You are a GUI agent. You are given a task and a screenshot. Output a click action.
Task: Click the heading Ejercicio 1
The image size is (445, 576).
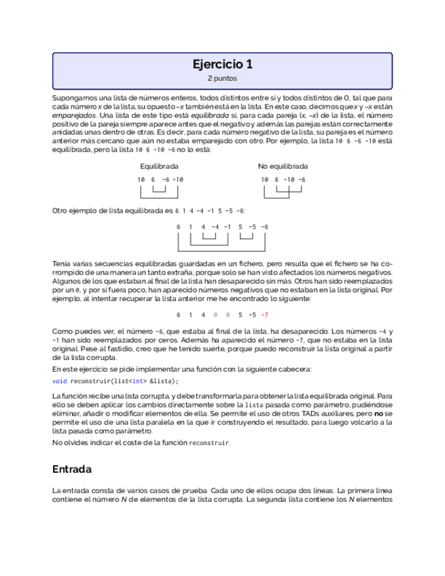pyautogui.click(x=222, y=65)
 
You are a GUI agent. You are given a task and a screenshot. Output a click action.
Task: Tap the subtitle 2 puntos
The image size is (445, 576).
pyautogui.click(x=222, y=79)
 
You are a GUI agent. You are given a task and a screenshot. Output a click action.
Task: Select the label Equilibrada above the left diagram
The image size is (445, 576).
pyautogui.click(x=159, y=166)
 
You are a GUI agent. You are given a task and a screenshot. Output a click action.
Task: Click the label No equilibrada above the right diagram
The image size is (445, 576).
pyautogui.click(x=283, y=166)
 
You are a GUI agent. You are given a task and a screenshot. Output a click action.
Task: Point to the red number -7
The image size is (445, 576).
pyautogui.click(x=264, y=314)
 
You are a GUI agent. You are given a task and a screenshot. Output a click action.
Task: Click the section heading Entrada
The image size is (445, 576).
pyautogui.click(x=72, y=469)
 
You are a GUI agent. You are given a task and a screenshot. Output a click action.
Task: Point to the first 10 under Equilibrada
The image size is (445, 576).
pyautogui.click(x=141, y=179)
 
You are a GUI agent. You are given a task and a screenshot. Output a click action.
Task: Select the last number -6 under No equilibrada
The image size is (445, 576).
pyautogui.click(x=301, y=179)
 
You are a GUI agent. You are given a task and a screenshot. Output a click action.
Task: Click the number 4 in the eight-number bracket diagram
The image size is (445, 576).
pyautogui.click(x=203, y=226)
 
